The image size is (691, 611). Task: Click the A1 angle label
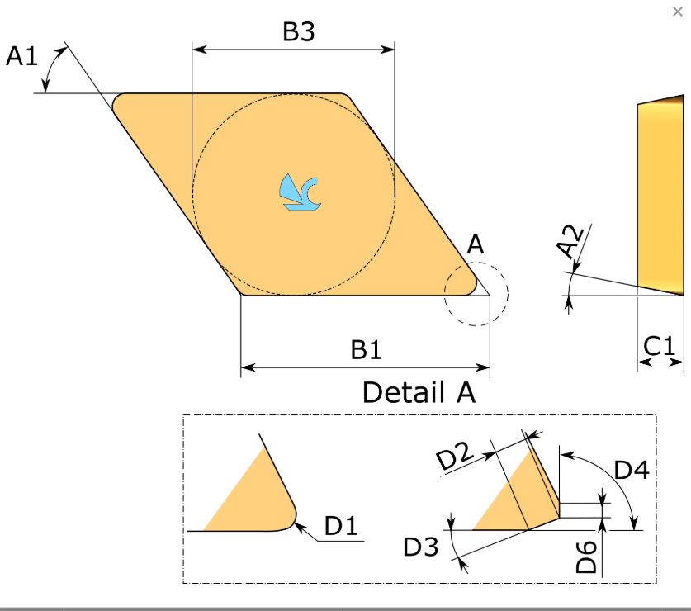click(x=21, y=56)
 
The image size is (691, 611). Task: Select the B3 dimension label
click(x=298, y=31)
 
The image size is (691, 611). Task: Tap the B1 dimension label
click(x=366, y=349)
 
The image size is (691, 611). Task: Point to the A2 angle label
click(x=570, y=241)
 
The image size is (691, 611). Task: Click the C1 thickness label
click(x=659, y=346)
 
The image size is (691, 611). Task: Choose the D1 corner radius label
click(x=341, y=525)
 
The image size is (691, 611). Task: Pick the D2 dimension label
click(x=455, y=454)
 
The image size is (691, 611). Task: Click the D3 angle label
click(x=421, y=547)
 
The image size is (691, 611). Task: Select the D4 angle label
click(x=632, y=470)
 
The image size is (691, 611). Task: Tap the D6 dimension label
click(x=586, y=557)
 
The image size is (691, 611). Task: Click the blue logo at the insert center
click(x=300, y=192)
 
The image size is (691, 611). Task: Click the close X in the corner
click(x=677, y=12)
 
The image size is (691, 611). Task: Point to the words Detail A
click(x=419, y=392)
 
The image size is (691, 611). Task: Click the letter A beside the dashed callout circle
click(x=476, y=244)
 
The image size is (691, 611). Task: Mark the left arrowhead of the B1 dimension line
click(x=248, y=367)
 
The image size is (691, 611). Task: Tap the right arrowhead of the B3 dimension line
click(x=388, y=49)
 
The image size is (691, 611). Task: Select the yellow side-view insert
click(x=660, y=195)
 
